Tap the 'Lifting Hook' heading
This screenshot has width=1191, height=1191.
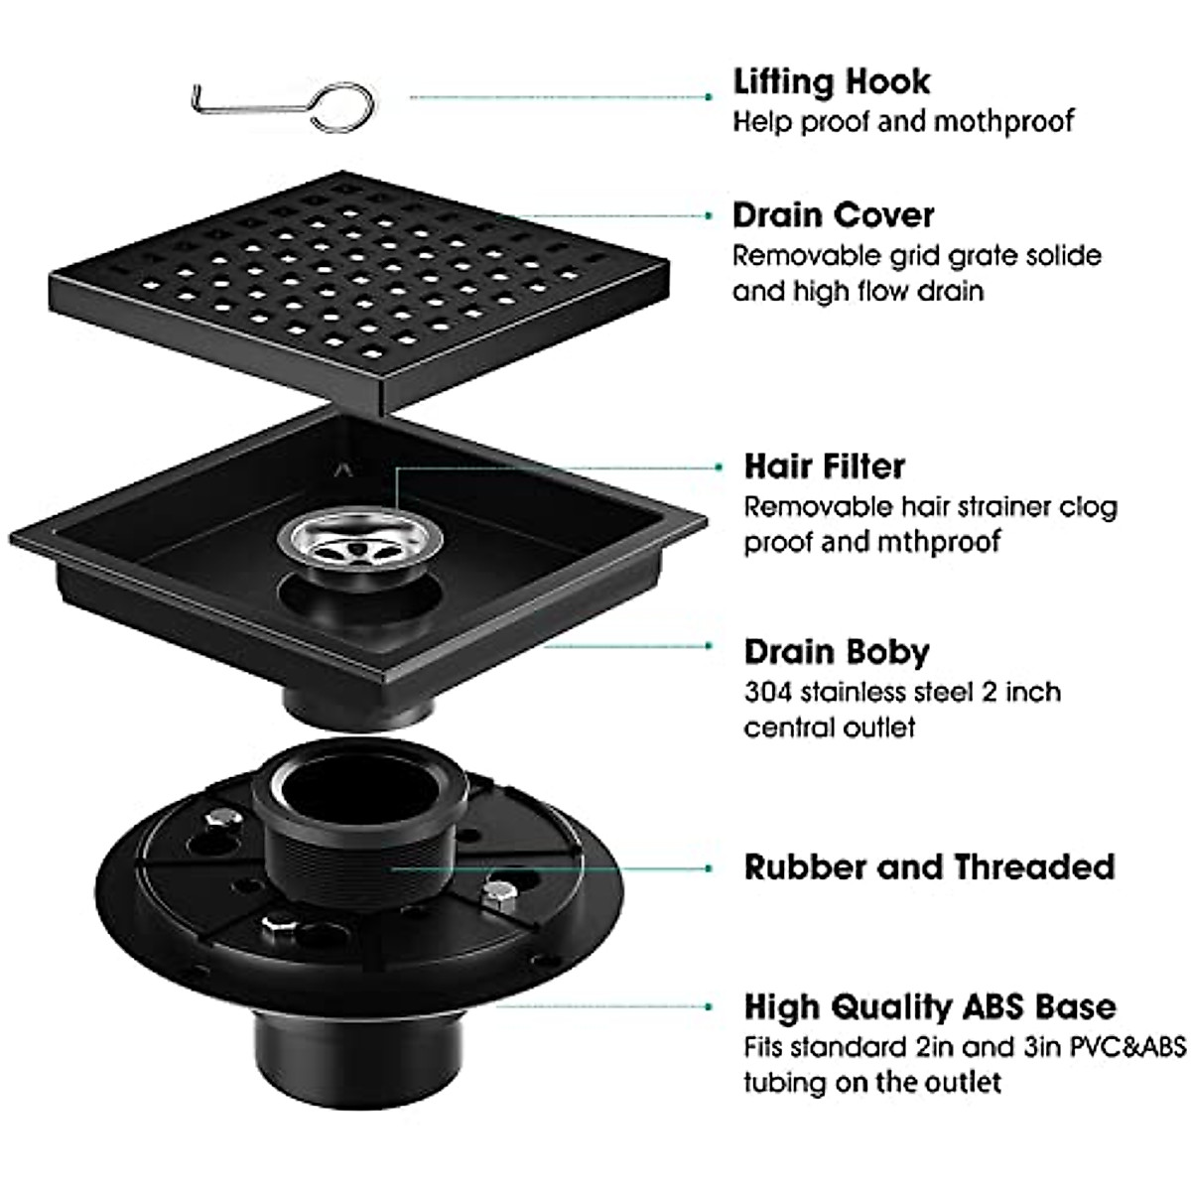click(x=832, y=81)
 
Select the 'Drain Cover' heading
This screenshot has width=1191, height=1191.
click(x=833, y=215)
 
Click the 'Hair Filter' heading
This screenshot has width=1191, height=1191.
click(x=825, y=466)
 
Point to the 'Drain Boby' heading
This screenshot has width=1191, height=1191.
click(x=837, y=652)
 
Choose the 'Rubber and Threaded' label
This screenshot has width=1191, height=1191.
click(x=929, y=866)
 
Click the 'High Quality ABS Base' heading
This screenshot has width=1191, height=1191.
click(x=930, y=1006)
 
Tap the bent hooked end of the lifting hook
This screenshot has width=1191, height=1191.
click(x=198, y=99)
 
